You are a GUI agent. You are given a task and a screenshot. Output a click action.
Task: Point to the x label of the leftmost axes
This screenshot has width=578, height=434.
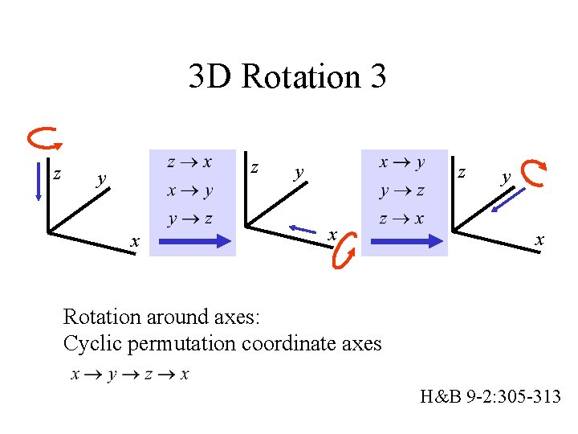click(x=136, y=241)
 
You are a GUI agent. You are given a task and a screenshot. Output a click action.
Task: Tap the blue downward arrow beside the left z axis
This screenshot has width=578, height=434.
click(x=38, y=182)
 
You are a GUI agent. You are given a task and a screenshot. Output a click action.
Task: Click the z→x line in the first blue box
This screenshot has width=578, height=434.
click(x=189, y=162)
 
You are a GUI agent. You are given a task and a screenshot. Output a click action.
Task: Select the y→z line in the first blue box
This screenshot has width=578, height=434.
click(x=189, y=219)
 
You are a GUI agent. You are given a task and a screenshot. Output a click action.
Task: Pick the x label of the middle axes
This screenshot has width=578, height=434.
click(x=331, y=235)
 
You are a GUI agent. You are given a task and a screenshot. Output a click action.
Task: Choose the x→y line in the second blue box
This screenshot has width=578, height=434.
click(x=403, y=162)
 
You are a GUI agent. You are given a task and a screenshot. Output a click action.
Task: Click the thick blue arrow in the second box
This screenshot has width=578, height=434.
click(x=404, y=240)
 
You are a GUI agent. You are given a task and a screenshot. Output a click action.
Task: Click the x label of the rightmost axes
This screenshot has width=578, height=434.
click(x=539, y=240)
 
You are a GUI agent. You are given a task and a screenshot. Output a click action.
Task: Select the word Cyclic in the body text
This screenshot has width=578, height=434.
click(x=89, y=344)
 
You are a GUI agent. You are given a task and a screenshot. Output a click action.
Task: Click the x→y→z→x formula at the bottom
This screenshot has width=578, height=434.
click(x=129, y=375)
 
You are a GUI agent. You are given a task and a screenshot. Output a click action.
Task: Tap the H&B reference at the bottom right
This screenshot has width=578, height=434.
click(x=490, y=395)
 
